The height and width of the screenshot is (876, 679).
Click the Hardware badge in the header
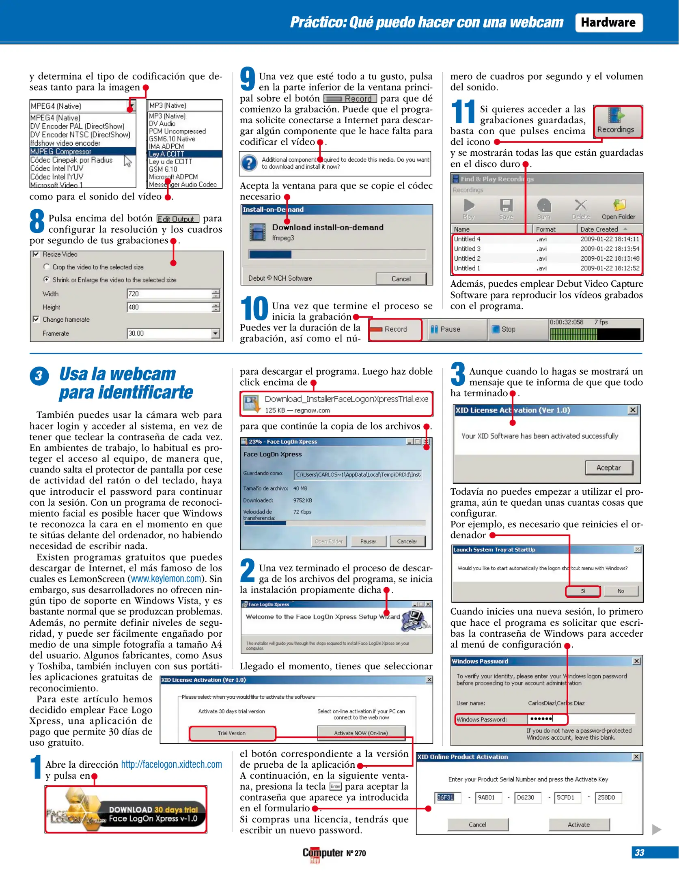608,23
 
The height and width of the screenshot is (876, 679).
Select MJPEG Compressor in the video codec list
61,152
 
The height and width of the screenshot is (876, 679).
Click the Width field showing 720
169,294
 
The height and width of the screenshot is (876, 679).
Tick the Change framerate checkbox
36,319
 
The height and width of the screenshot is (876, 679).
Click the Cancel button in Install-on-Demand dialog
401,279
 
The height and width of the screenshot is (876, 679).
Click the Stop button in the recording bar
507,329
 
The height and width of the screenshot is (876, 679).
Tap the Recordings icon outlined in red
617,121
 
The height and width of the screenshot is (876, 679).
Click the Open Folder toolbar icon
618,210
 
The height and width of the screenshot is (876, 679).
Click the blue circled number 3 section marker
39,376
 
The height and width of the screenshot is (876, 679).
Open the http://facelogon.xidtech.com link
171,764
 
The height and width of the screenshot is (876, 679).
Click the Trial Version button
232,733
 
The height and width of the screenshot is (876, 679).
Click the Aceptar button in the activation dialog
608,468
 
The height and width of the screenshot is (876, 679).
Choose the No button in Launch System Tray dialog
620,591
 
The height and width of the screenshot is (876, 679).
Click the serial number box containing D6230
526,797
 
